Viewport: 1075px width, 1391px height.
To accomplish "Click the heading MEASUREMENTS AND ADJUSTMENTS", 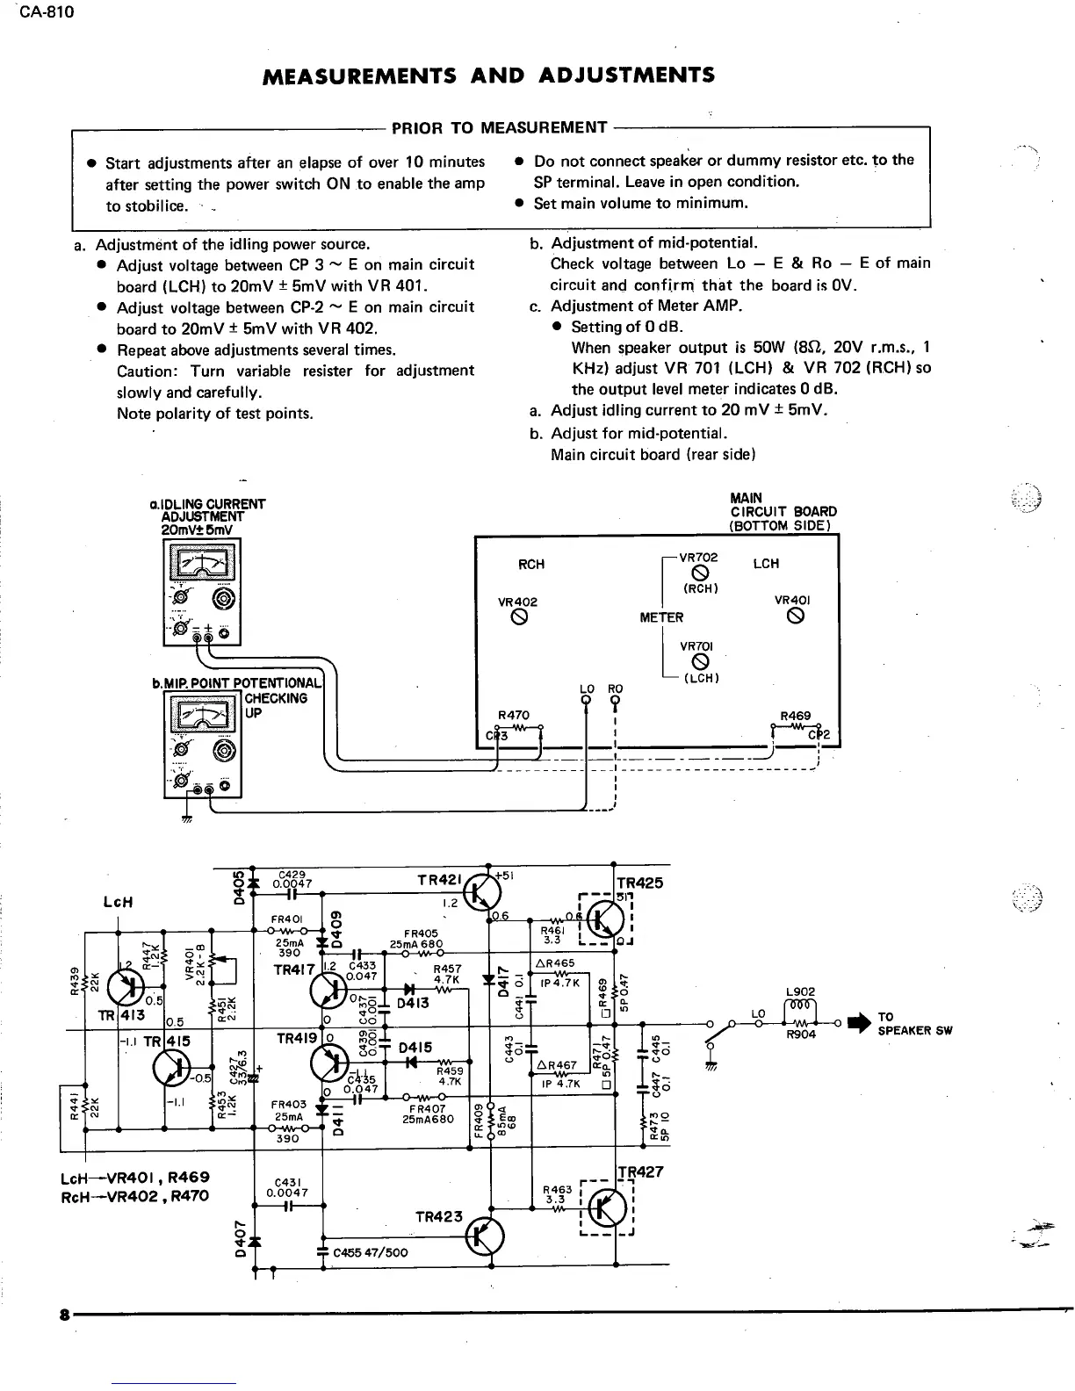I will pos(489,76).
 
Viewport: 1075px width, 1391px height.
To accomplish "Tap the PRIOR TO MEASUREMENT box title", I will pos(499,128).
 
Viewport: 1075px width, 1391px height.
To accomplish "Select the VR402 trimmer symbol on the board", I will pos(517,617).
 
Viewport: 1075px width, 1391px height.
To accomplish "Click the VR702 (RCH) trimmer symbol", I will pos(700,575).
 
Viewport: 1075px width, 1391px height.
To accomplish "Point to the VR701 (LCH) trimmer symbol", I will pos(700,662).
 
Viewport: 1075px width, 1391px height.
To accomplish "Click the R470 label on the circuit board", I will pos(514,716).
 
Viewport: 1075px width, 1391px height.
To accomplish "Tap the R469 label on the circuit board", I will pos(795,716).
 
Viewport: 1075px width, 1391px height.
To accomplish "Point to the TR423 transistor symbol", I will pos(485,1237).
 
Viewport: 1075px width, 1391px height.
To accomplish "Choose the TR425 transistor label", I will pos(640,883).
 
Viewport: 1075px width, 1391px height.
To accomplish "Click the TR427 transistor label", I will pos(640,1171).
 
